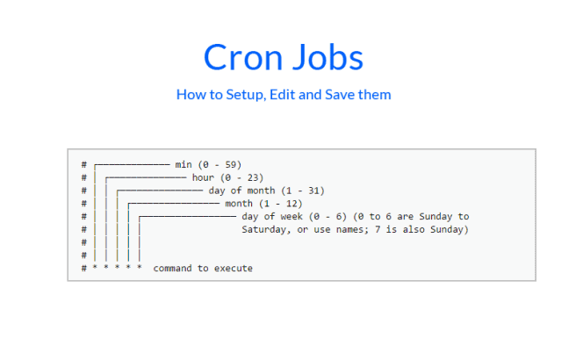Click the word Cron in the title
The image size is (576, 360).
242,58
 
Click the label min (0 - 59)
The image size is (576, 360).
208,164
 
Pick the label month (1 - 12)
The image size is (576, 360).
263,203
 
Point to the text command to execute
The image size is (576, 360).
203,268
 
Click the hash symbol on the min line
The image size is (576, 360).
83,164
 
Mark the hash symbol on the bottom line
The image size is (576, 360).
83,268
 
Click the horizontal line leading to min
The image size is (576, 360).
132,164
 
